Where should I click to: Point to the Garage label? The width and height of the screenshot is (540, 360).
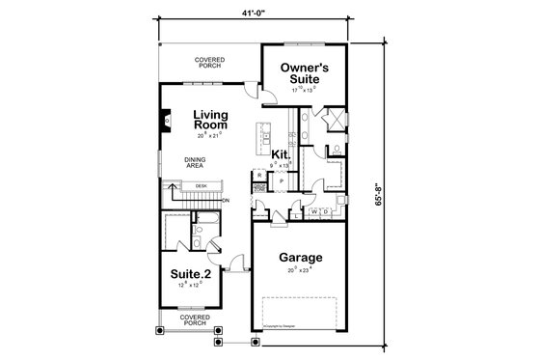point(301,258)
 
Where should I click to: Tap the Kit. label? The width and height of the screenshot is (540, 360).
point(281,153)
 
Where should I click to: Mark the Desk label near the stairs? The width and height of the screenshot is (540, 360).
point(201,185)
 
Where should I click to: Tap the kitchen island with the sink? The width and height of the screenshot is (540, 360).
point(259,140)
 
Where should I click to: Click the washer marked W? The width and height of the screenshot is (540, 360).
point(314,210)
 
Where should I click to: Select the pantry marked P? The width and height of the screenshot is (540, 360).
point(281,180)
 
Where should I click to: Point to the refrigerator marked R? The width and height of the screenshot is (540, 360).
point(258,176)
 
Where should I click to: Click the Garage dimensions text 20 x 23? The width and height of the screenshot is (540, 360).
point(301,271)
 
